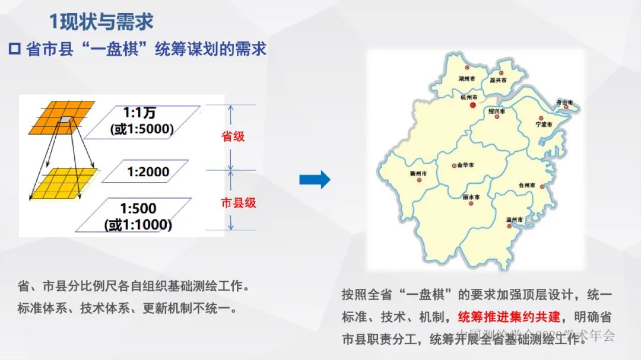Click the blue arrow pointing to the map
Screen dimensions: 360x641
pos(315,179)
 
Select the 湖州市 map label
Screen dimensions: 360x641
pos(467,78)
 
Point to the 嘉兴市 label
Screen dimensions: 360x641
pos(498,79)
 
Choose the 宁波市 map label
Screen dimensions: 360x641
pos(544,125)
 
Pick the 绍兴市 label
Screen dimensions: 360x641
pos(496,111)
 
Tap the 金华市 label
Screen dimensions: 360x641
pos(465,165)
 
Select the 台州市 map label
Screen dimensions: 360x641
pos(526,185)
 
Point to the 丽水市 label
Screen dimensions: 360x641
pos(471,196)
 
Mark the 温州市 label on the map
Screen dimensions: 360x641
pos(513,219)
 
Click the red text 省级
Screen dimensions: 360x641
pos(233,136)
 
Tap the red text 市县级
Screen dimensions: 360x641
pos(239,203)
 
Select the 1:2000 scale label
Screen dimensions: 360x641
pos(148,172)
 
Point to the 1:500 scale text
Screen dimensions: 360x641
pos(138,208)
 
